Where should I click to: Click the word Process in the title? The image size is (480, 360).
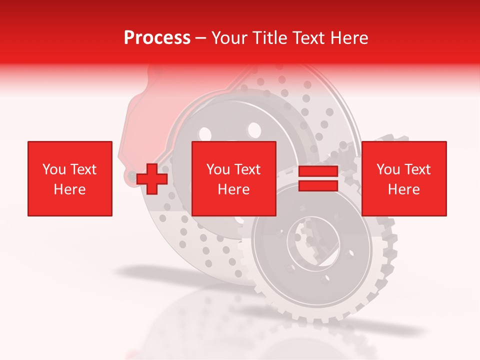coord(157,38)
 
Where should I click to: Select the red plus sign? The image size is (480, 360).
coord(152,178)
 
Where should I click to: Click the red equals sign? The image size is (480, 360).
coord(318,178)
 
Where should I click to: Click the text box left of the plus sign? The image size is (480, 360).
coord(70,178)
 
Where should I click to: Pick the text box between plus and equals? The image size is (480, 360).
coord(234,178)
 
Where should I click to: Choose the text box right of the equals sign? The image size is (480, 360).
coord(404,178)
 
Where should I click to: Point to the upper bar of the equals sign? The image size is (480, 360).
coord(318,171)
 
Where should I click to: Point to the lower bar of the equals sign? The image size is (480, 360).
coord(318,185)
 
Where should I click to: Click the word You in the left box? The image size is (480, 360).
coord(53,169)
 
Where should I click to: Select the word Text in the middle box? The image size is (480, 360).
coord(247,169)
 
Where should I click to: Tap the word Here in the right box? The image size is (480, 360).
coord(404,189)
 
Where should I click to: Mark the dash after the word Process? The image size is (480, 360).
coord(201,38)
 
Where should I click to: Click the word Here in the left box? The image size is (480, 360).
coord(70,189)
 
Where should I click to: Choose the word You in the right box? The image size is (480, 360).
coord(387,169)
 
